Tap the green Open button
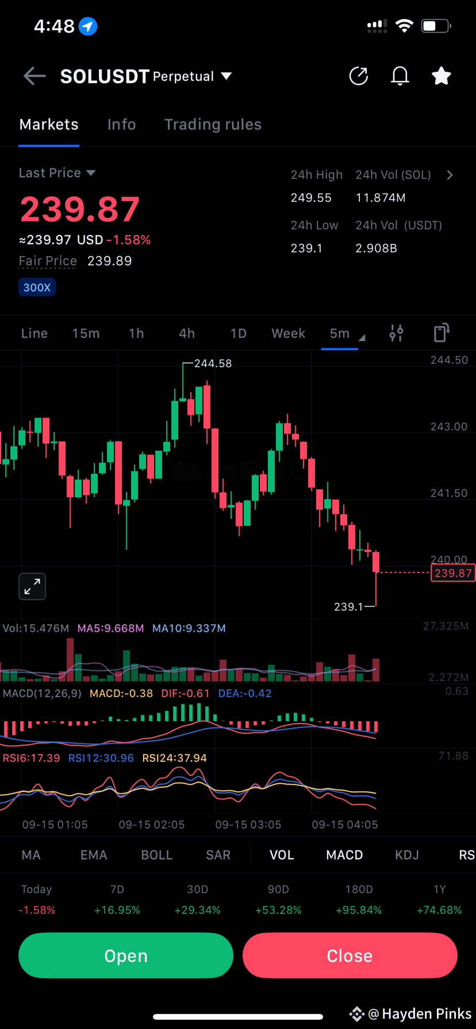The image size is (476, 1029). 126,955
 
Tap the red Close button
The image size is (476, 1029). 350,955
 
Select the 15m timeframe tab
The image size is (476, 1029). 86,334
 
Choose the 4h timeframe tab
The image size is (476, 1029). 187,334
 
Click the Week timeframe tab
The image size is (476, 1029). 288,334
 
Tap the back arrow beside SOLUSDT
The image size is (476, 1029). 34,76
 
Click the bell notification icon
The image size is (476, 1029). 400,76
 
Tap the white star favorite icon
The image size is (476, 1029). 441,76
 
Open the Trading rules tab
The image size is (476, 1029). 213,125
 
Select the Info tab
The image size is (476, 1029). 121,125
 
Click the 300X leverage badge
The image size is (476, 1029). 37,288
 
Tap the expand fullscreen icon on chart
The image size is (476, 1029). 32,586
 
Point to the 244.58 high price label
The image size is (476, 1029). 213,363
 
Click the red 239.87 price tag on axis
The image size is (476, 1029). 452,573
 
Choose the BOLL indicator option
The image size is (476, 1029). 156,855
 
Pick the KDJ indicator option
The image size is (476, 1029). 406,855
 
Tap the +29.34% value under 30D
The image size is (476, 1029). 197,910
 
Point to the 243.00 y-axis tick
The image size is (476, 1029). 448,427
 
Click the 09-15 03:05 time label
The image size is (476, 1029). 248,825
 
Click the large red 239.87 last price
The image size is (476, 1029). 80,210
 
